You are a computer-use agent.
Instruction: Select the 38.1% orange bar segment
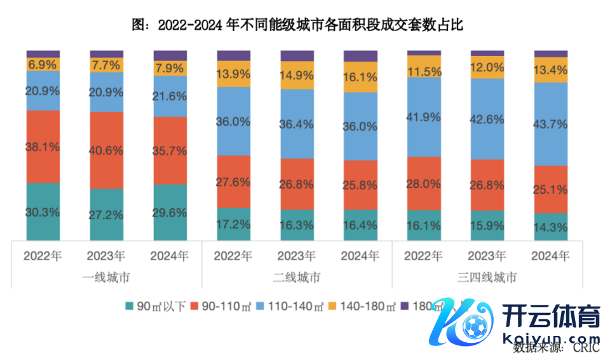point(43,147)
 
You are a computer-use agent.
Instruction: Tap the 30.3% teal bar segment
point(43,211)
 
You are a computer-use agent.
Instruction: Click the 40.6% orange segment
point(107,150)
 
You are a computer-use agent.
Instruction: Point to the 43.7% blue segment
point(551,124)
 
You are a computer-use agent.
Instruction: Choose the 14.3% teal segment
point(551,227)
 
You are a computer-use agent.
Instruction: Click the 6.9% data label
point(43,64)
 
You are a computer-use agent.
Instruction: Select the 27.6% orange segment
point(233,182)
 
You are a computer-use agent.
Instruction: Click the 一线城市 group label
point(106,277)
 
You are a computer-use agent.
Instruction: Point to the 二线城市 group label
point(297,277)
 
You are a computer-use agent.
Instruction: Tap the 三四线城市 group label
point(487,277)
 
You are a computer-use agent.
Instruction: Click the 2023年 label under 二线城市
point(297,257)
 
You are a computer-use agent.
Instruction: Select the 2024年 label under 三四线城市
point(551,257)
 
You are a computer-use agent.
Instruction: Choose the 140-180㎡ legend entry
point(360,307)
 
